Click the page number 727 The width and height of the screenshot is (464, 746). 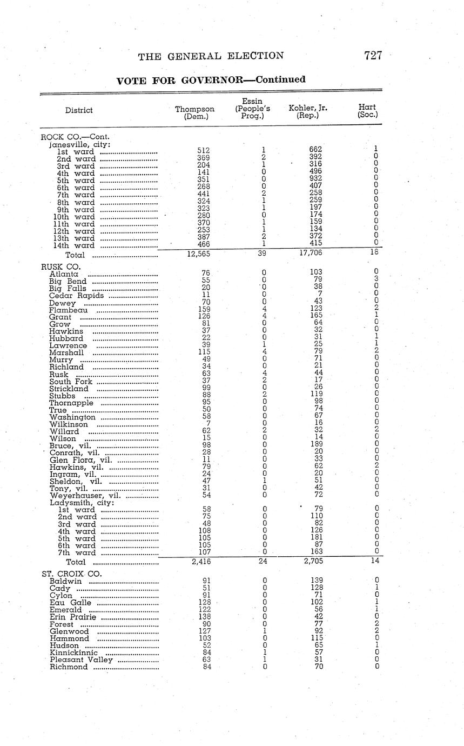pyautogui.click(x=373, y=55)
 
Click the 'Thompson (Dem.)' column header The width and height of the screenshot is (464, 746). pyautogui.click(x=195, y=112)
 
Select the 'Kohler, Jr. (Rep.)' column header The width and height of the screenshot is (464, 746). pyautogui.click(x=308, y=111)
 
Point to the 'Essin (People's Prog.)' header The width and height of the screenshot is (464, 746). pyautogui.click(x=252, y=109)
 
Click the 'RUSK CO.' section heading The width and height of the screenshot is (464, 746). pyautogui.click(x=60, y=267)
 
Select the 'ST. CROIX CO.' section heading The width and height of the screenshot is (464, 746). pyautogui.click(x=71, y=574)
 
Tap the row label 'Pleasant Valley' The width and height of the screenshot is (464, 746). pyautogui.click(x=82, y=660)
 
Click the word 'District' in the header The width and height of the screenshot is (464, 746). pyautogui.click(x=79, y=110)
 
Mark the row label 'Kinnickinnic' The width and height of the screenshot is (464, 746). pyautogui.click(x=73, y=652)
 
